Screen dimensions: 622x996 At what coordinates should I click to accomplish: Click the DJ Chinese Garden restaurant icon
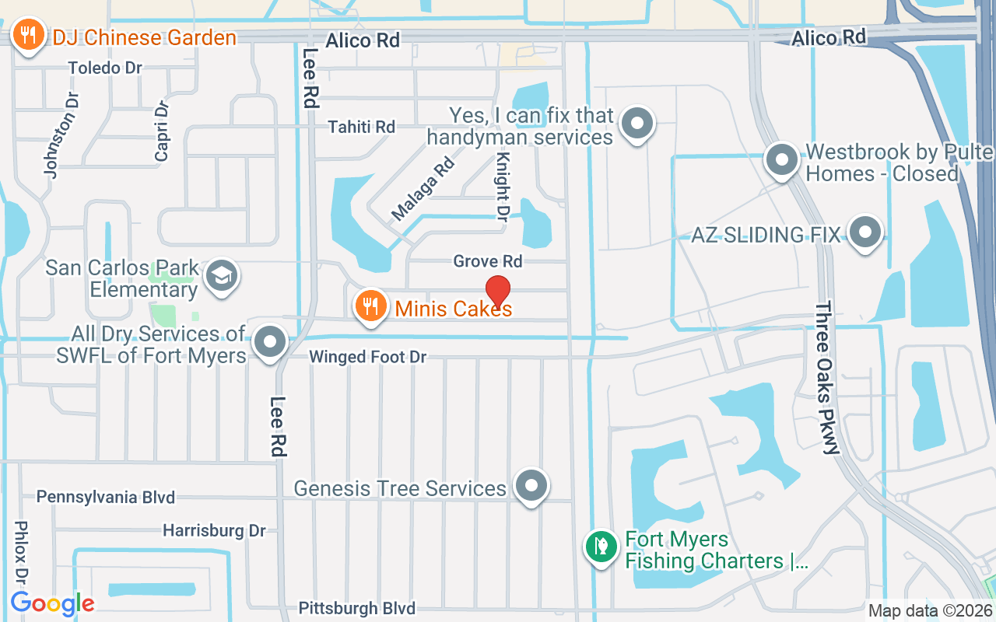click(x=29, y=36)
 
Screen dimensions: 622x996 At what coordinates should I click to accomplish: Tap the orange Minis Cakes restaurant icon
click(x=371, y=307)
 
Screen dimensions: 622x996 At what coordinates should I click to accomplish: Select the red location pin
click(x=497, y=292)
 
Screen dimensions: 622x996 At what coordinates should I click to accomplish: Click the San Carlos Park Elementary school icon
click(x=222, y=276)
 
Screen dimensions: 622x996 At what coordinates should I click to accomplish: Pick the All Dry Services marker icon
click(x=271, y=342)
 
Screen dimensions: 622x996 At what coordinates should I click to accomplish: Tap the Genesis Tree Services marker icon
click(x=532, y=485)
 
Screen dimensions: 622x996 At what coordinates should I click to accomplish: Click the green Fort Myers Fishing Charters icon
click(x=601, y=547)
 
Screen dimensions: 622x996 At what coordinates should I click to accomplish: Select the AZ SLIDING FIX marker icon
click(x=864, y=232)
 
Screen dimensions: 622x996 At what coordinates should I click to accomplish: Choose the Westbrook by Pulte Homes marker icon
click(x=782, y=161)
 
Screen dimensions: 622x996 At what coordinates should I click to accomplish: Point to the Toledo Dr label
click(x=105, y=68)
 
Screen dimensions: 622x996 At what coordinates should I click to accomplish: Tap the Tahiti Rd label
click(x=361, y=126)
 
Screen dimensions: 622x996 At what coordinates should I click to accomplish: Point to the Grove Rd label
click(x=488, y=260)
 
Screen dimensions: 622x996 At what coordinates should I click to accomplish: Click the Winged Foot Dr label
click(x=368, y=357)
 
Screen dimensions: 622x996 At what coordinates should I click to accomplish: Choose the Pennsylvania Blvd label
click(x=106, y=496)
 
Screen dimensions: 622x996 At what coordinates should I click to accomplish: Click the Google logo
click(x=52, y=603)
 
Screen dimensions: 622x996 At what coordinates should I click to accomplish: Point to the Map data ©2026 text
click(x=930, y=610)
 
